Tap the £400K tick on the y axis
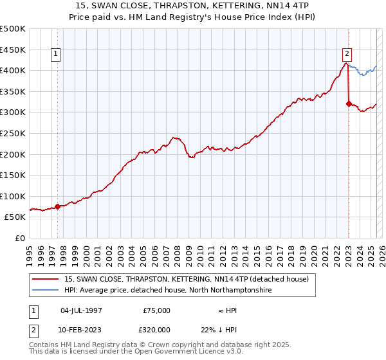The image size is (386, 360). point(13,70)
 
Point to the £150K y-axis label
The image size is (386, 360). point(13,175)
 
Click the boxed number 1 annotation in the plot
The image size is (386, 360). point(57,54)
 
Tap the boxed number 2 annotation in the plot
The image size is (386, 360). point(347,54)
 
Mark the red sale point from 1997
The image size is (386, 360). point(57,206)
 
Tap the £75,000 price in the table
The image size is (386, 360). point(156,310)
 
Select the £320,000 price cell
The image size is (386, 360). point(156,330)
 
